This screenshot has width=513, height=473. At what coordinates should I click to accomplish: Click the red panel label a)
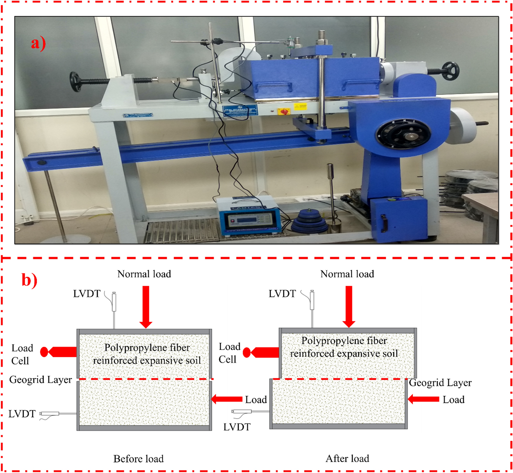(38, 44)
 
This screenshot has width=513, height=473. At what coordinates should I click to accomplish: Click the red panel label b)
(30, 280)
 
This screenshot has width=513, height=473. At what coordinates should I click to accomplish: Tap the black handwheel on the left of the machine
(76, 82)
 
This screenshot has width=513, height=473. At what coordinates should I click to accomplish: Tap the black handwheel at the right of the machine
(450, 71)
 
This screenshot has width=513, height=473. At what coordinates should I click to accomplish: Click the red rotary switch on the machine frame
(284, 111)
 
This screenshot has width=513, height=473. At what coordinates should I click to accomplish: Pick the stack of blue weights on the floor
(309, 221)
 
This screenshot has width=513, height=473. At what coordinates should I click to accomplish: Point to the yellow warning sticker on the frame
(300, 106)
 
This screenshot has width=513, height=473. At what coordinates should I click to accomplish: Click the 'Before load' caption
(138, 459)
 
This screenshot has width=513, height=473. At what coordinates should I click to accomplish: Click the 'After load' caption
(347, 459)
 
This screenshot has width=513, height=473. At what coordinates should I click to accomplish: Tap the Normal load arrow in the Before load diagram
(146, 307)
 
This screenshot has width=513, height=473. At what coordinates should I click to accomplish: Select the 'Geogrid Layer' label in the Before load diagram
(40, 379)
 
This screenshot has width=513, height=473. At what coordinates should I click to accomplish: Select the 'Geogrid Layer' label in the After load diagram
(440, 383)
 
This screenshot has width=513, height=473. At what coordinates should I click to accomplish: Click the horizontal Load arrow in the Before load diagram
(227, 399)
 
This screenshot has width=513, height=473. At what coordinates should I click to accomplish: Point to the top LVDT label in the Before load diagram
(86, 294)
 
